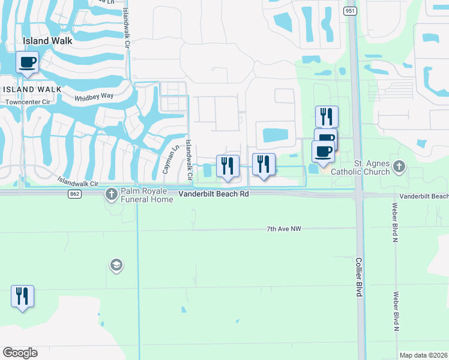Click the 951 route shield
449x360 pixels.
[x=350, y=11]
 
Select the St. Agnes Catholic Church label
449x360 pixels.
[x=372, y=167]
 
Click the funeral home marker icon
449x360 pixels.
[x=111, y=194]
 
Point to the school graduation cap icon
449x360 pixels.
[x=116, y=265]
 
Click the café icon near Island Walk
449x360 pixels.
[x=28, y=61]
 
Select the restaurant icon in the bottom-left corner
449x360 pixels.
[x=22, y=296]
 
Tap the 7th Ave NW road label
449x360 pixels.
[x=283, y=229]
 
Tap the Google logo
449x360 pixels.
[x=19, y=352]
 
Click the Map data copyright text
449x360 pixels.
[x=423, y=355]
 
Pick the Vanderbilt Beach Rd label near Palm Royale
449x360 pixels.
[x=214, y=194]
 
